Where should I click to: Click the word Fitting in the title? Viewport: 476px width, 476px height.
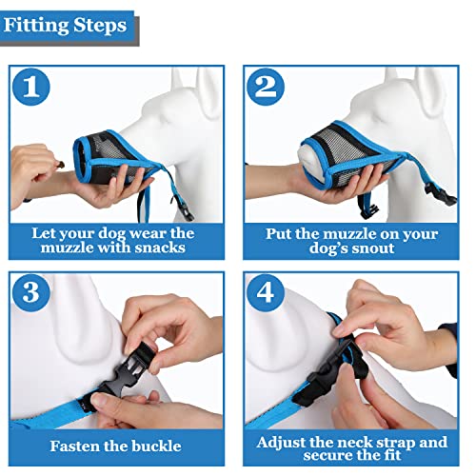[36, 25]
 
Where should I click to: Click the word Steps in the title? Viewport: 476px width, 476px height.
[99, 25]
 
